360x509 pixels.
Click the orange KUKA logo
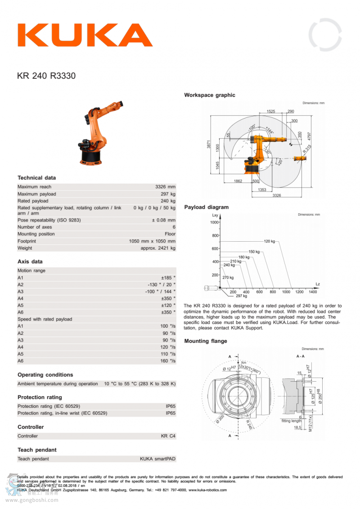(x=85, y=35)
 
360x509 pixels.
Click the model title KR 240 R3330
(x=46, y=76)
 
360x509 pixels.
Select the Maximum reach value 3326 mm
(x=165, y=187)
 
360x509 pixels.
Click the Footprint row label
(x=27, y=241)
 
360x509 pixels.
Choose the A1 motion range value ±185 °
(x=168, y=278)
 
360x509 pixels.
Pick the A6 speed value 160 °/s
(x=168, y=361)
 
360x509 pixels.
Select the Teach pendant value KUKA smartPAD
(x=157, y=459)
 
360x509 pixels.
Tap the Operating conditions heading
(x=45, y=374)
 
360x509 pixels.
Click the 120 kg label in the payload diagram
(x=269, y=241)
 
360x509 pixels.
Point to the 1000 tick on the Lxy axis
(x=214, y=222)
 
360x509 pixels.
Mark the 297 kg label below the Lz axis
(x=241, y=296)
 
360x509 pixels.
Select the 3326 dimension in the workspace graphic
(x=277, y=195)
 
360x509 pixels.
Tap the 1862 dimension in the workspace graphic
(x=238, y=181)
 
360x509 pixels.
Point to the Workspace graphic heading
(x=209, y=95)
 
